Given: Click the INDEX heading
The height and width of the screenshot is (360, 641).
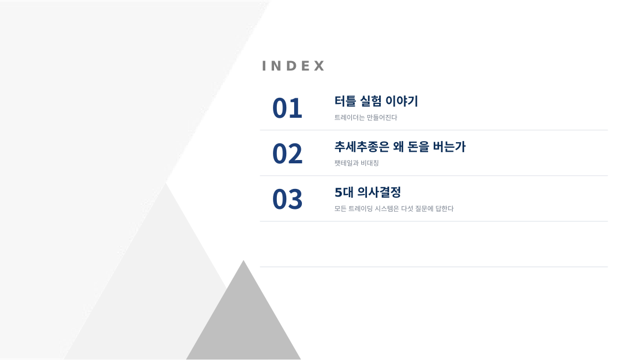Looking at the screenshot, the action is [293, 66].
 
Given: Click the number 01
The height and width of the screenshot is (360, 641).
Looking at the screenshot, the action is [287, 108].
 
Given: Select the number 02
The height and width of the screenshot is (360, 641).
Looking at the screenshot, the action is [287, 154].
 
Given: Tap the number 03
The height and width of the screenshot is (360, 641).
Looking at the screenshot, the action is [287, 199].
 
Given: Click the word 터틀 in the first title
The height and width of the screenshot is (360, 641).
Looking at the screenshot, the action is [345, 101].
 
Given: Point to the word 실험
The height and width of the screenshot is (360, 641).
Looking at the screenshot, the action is [370, 101].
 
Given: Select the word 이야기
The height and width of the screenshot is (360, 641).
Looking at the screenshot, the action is [402, 101].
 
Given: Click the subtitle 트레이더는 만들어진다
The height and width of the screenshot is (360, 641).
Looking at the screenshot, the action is [366, 118].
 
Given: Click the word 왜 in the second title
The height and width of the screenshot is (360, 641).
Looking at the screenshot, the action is [399, 147].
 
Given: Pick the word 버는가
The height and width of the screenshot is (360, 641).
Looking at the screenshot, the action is [449, 147].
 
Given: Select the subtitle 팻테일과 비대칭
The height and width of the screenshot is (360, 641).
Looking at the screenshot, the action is [356, 163].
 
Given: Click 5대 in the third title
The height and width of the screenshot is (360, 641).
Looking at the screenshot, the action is [344, 192].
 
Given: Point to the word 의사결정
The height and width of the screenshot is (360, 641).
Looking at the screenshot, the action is [379, 192].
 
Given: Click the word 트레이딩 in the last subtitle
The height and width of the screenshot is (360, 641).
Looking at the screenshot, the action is [361, 209].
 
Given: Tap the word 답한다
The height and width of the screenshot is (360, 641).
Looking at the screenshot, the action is [444, 209].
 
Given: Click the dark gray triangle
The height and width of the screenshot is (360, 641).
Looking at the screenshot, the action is [244, 323].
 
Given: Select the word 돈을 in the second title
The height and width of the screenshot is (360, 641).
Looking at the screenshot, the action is [419, 147].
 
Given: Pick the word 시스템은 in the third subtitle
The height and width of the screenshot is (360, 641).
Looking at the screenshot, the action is [387, 209].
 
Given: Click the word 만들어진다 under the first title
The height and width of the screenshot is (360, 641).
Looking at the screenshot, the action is [382, 118].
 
